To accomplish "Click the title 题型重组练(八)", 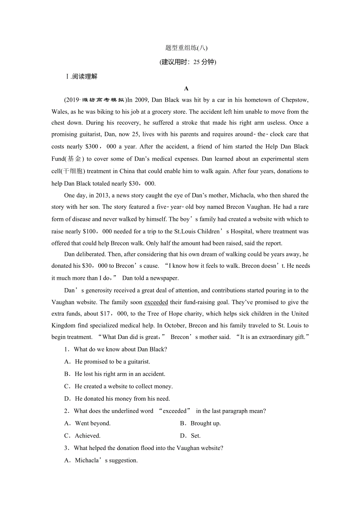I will [186, 48].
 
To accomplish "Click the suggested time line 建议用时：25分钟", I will [188, 62].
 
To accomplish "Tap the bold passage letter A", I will [186, 89].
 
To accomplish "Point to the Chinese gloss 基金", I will [74, 159].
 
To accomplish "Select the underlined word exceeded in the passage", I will [156, 302].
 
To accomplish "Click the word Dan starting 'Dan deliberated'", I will [69, 254].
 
